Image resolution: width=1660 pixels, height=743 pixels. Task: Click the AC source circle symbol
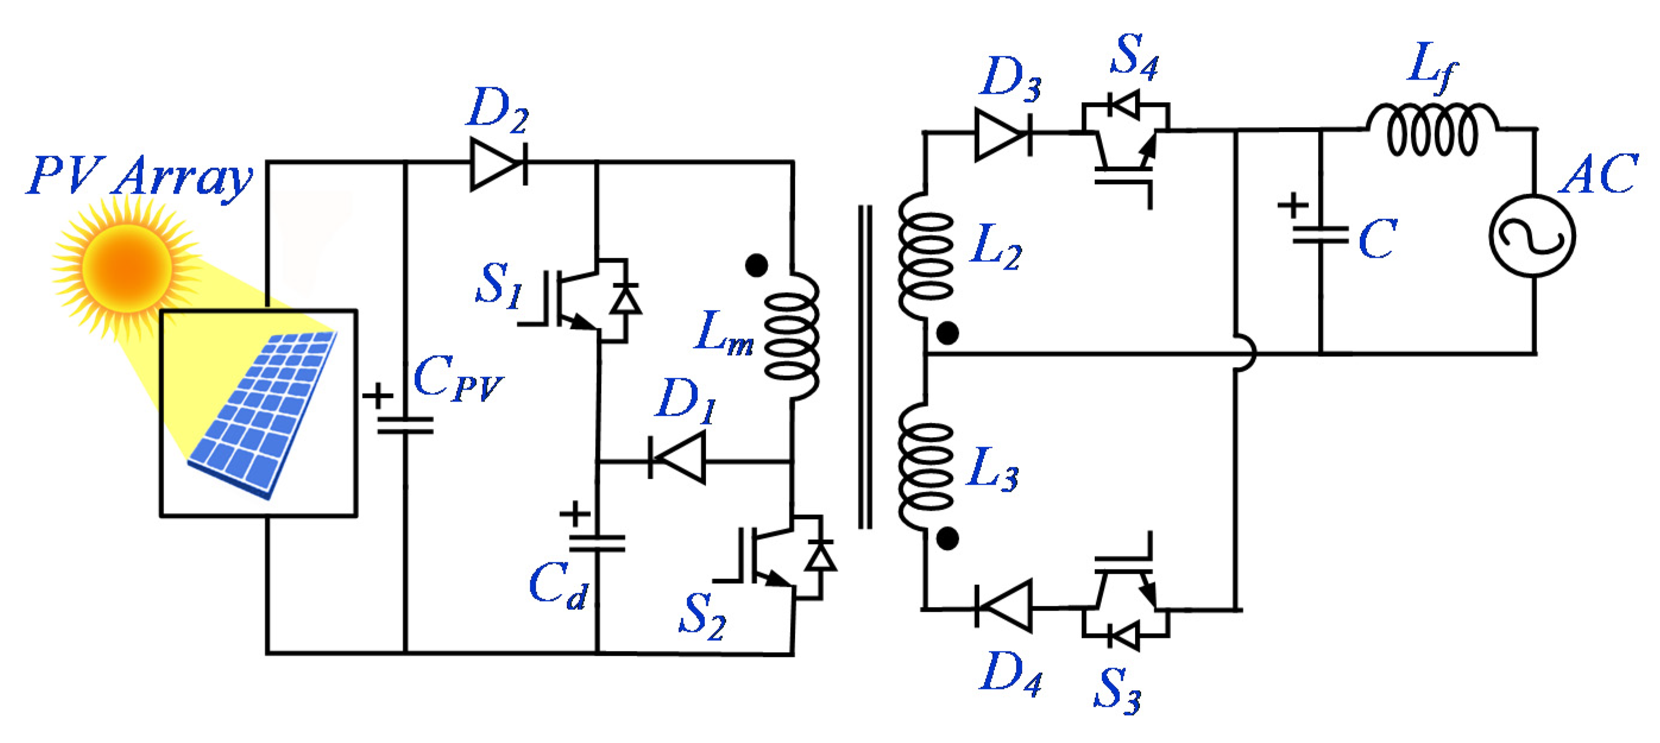click(x=1532, y=236)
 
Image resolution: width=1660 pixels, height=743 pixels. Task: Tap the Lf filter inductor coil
click(x=1432, y=131)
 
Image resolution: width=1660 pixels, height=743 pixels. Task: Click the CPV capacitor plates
click(x=405, y=425)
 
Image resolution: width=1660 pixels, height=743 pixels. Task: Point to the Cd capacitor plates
click(x=597, y=543)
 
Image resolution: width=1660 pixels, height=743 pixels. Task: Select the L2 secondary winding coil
click(x=925, y=255)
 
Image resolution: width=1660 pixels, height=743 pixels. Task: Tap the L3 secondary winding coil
click(x=925, y=467)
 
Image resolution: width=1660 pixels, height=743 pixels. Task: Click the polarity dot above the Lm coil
click(x=757, y=265)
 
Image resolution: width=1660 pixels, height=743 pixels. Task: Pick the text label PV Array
click(x=139, y=176)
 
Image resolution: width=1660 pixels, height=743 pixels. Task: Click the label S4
click(x=1134, y=56)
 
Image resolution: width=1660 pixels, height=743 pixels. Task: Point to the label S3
click(x=1117, y=690)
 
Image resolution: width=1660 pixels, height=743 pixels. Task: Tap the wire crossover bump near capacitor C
click(x=1245, y=353)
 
